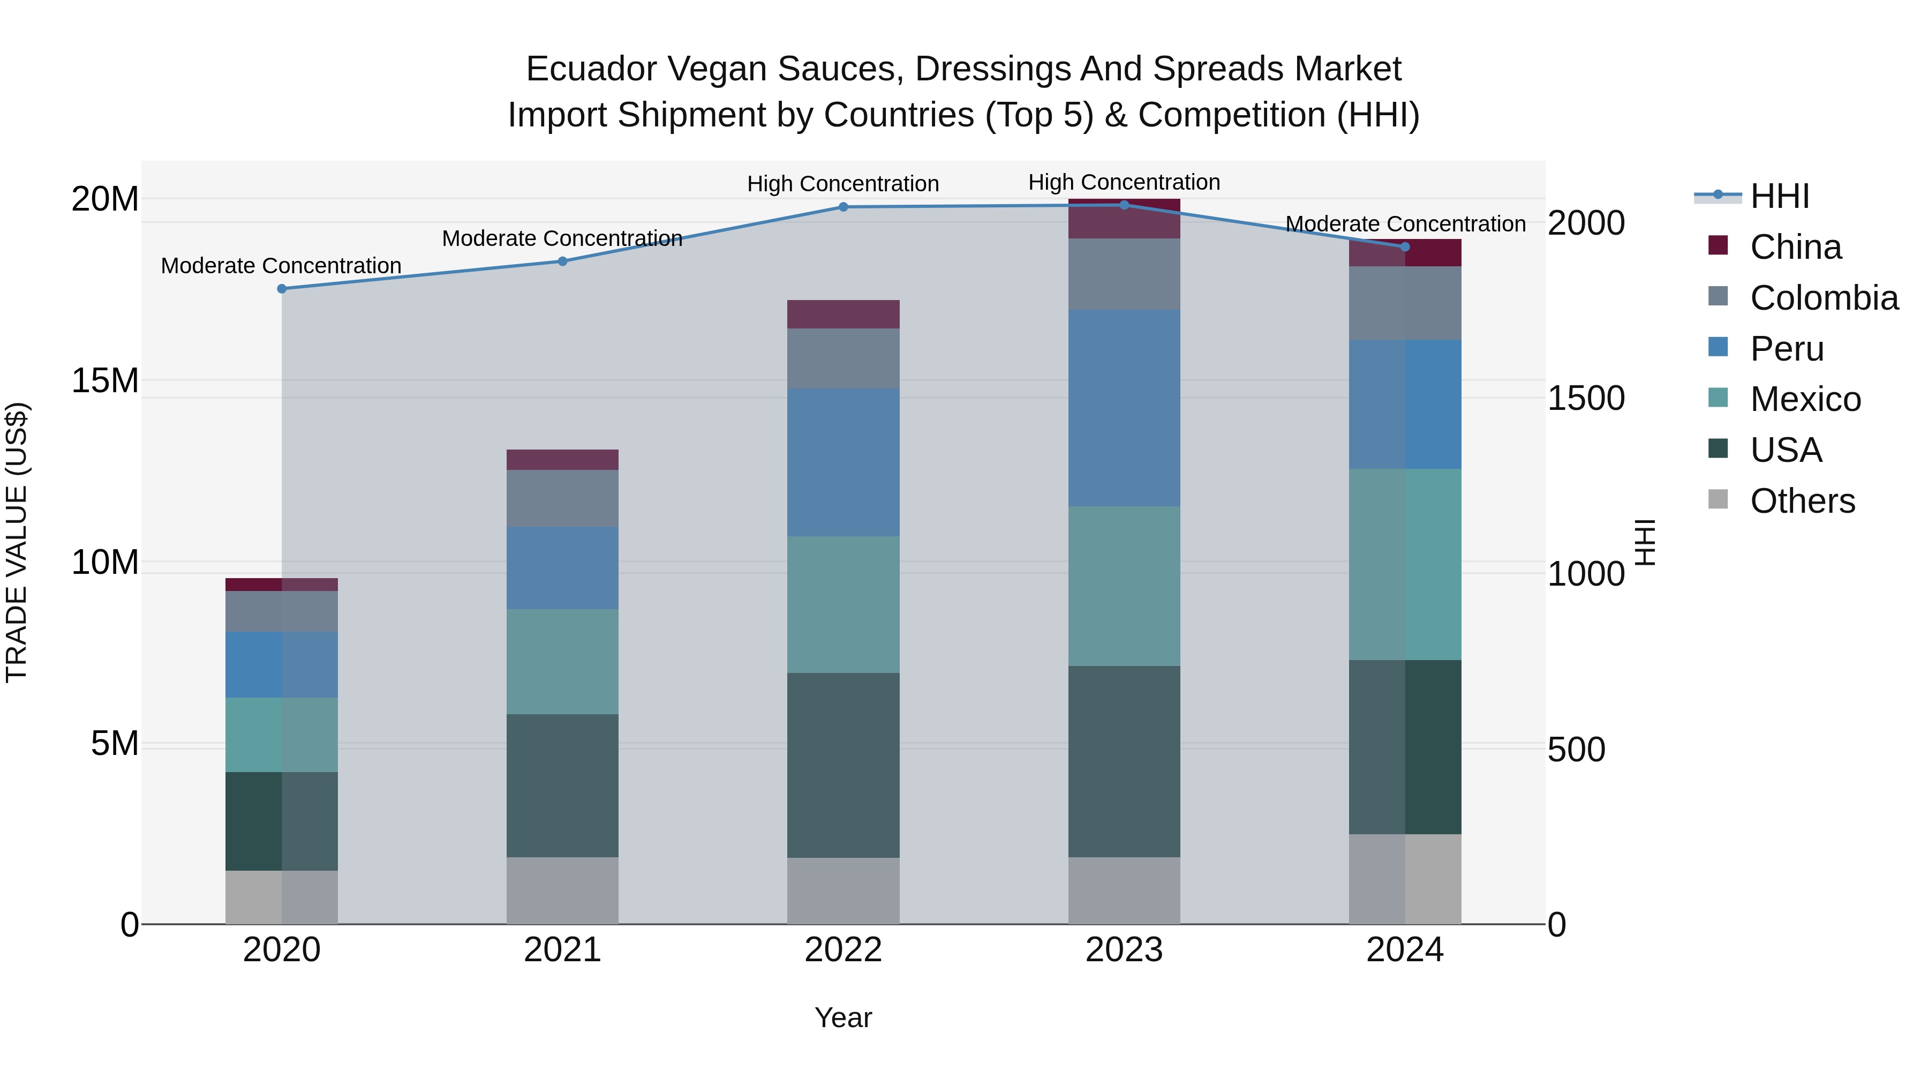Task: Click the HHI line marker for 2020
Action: (x=281, y=288)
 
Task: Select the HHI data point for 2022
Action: (x=843, y=207)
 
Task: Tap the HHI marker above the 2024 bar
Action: (x=1404, y=246)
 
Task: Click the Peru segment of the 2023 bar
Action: (x=1124, y=408)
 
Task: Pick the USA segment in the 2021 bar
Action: (x=562, y=785)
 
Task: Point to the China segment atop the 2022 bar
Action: (x=843, y=314)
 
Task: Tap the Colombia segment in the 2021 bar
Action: (x=562, y=498)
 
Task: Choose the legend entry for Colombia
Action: (x=1822, y=298)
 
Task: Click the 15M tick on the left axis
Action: (x=105, y=380)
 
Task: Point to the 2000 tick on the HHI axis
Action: (x=1585, y=223)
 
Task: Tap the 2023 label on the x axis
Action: (x=1124, y=950)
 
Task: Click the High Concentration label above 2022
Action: (x=843, y=183)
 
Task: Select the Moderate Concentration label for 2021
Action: (x=562, y=238)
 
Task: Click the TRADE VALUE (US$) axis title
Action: (x=17, y=542)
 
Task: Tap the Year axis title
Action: (x=843, y=1017)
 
